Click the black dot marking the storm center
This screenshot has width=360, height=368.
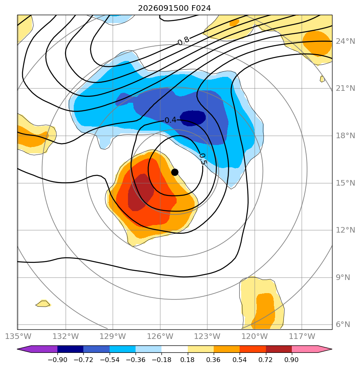tap(175, 172)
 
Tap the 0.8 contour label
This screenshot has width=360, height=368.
tap(183, 41)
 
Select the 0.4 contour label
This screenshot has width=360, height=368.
tap(170, 120)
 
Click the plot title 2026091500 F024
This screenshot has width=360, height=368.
tap(174, 8)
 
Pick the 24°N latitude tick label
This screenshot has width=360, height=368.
tap(345, 41)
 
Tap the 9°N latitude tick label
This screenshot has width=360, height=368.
tap(343, 278)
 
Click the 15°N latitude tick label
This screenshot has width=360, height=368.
tap(345, 183)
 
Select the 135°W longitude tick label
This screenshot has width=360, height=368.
tap(18, 336)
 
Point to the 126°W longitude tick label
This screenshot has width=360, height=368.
tap(160, 336)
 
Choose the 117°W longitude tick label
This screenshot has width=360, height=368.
tap(302, 336)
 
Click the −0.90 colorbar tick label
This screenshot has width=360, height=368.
tap(57, 360)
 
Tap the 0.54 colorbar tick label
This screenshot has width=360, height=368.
tap(240, 360)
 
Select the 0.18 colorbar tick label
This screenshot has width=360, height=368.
tap(187, 360)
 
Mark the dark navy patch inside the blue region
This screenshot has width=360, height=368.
tap(193, 118)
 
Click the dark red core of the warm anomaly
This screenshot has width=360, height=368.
tap(140, 192)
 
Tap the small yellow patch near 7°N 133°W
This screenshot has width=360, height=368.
tap(43, 303)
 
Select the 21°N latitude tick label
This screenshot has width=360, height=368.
tap(345, 88)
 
